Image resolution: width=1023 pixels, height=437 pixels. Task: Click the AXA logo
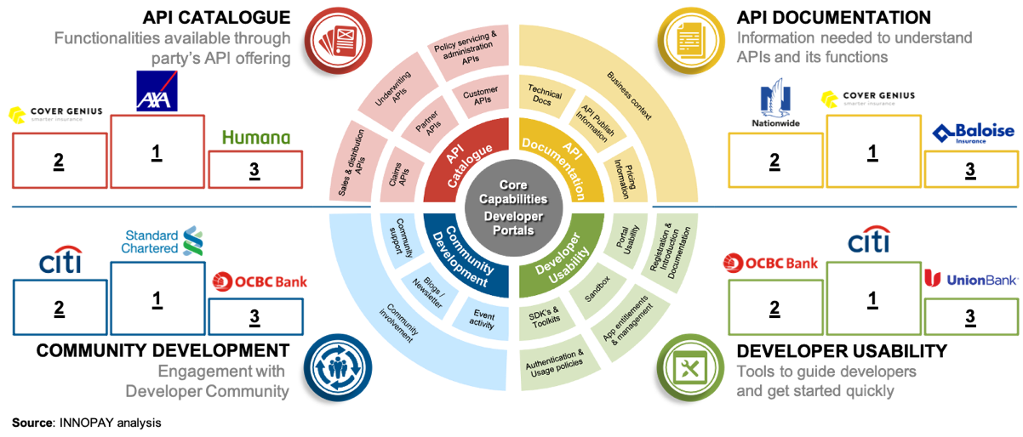pos(157,91)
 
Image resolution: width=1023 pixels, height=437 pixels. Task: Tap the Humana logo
pos(255,138)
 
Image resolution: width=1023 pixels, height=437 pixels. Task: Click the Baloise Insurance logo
pos(973,134)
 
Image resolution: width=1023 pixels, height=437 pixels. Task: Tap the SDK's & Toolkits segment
pos(546,317)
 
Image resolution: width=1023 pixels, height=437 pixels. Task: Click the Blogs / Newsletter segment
pos(433,290)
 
